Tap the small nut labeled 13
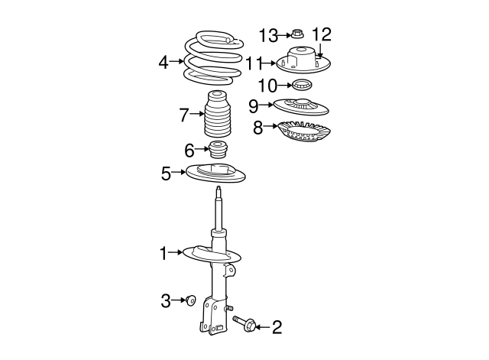[x=296, y=34]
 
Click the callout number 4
[x=164, y=62]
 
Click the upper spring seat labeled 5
[x=216, y=174]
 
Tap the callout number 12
[x=322, y=34]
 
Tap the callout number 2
[x=277, y=328]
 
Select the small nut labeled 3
[x=191, y=300]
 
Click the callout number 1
[x=163, y=251]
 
